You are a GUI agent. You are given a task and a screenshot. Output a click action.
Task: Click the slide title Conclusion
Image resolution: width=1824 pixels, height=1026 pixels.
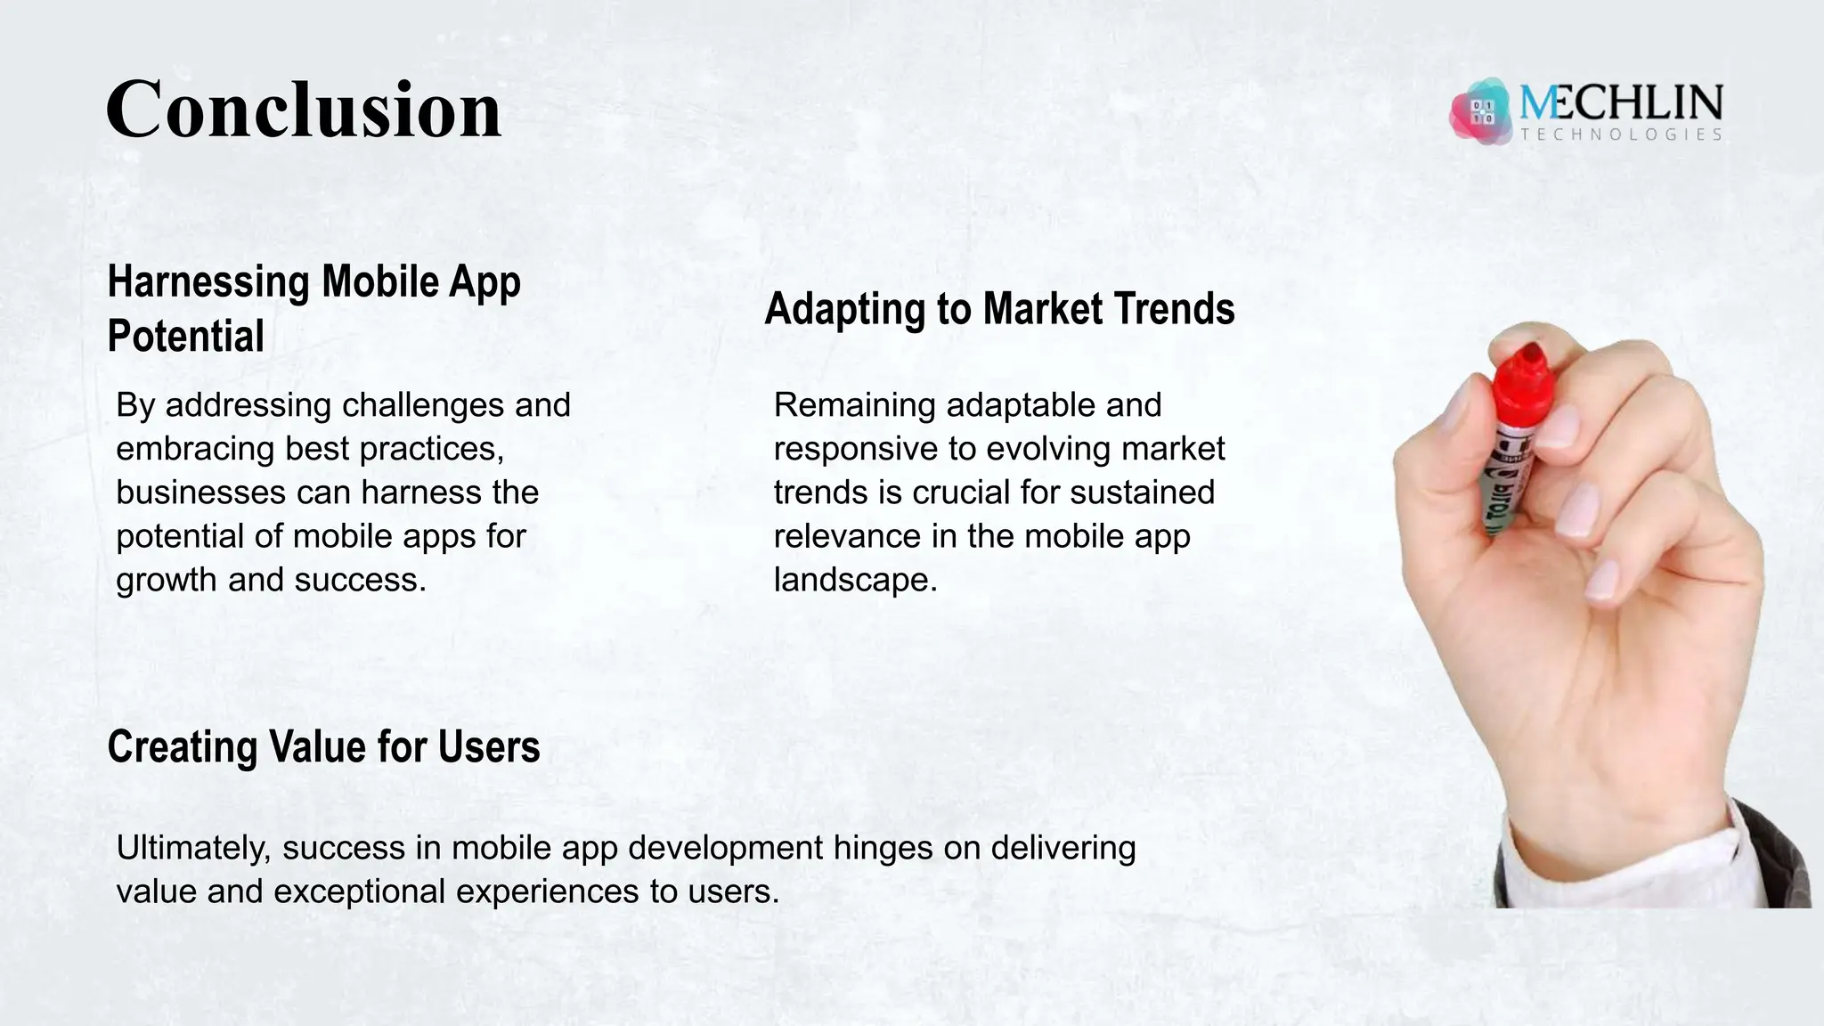[x=304, y=110]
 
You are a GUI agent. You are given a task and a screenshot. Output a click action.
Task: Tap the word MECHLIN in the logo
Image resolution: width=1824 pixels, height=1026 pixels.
[x=1621, y=104]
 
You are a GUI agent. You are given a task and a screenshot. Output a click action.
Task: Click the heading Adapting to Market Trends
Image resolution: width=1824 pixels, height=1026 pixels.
[x=999, y=309]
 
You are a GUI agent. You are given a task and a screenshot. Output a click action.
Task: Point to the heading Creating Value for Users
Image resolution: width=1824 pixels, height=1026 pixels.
[x=323, y=746]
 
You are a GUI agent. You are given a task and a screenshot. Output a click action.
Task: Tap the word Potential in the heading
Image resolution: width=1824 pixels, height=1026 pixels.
[x=185, y=337]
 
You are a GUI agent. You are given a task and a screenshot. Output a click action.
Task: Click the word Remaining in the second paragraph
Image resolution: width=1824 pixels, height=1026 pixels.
[x=854, y=405]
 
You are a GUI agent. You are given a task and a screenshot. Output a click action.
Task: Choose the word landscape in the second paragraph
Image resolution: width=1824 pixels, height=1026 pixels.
[x=855, y=580]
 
